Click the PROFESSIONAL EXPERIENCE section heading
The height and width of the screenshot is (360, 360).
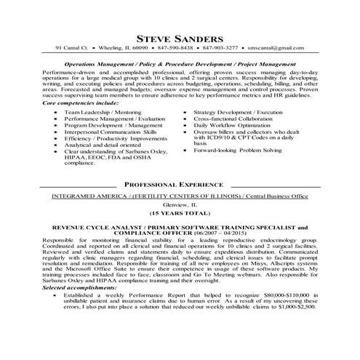click(180, 185)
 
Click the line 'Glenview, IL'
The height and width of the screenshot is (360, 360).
click(180, 206)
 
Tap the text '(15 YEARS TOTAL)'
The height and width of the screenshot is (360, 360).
click(180, 215)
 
